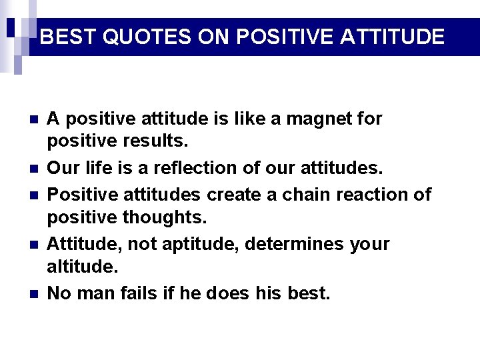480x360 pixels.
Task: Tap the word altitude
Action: (82, 267)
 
